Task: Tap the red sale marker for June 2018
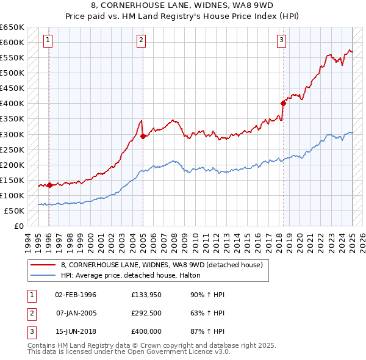point(284,103)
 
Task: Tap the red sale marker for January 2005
point(143,136)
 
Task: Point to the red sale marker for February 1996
point(49,185)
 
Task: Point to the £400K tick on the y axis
point(13,104)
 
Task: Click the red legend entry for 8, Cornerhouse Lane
point(162,265)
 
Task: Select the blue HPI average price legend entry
point(135,275)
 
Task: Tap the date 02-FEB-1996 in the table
point(76,295)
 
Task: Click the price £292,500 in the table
point(146,312)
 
